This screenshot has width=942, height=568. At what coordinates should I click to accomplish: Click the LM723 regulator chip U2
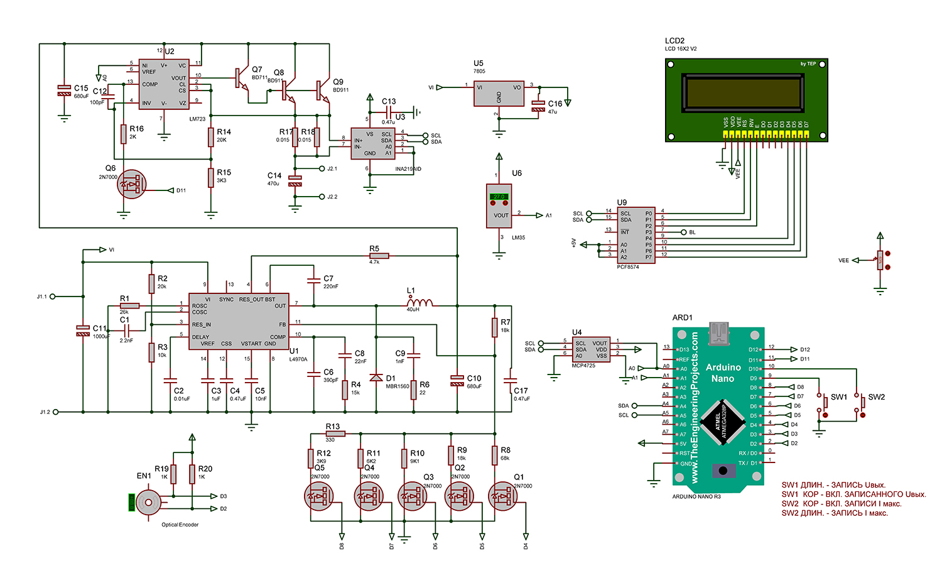(163, 84)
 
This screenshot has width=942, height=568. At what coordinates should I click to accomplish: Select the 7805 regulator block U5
(499, 92)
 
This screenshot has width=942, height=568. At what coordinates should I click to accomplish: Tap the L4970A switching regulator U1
(239, 320)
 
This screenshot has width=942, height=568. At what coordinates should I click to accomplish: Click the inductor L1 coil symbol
(420, 303)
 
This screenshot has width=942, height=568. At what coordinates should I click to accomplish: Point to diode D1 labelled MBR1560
(376, 377)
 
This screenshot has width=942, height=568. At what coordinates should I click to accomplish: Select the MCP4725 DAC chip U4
(591, 349)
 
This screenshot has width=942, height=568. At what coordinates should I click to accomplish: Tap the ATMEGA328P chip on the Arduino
(722, 421)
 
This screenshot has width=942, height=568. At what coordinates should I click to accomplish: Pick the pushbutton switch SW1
(823, 405)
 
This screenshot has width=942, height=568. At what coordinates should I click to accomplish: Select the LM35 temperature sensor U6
(499, 205)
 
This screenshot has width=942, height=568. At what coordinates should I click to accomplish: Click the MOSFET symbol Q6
(131, 185)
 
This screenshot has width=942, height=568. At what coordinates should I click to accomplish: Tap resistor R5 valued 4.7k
(379, 256)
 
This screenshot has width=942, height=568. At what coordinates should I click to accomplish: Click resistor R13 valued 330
(335, 434)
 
